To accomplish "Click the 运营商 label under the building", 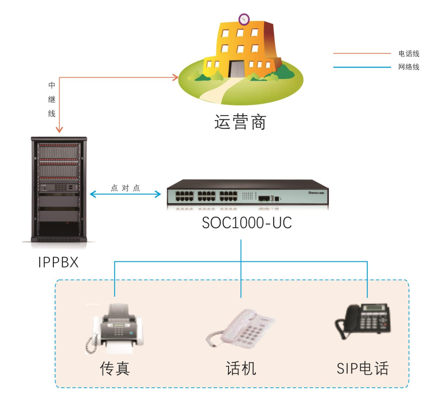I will click(x=240, y=122).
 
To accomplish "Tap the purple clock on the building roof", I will click(x=244, y=19).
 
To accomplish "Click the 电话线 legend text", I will click(x=409, y=54).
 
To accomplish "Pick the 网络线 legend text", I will click(x=409, y=67).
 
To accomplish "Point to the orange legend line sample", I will click(x=362, y=53).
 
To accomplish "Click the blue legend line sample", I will click(x=362, y=67).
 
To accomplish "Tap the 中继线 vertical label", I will click(x=52, y=100).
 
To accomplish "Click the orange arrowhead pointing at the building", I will click(x=176, y=77).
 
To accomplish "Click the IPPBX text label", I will click(x=58, y=262).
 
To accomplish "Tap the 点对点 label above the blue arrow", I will click(x=125, y=188).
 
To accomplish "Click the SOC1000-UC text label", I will click(x=247, y=223).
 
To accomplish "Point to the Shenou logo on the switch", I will click(x=316, y=192).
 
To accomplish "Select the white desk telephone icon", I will click(x=240, y=329).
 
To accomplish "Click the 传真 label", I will click(x=115, y=368).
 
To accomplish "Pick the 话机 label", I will click(x=241, y=368).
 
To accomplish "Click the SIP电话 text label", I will click(x=363, y=368).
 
